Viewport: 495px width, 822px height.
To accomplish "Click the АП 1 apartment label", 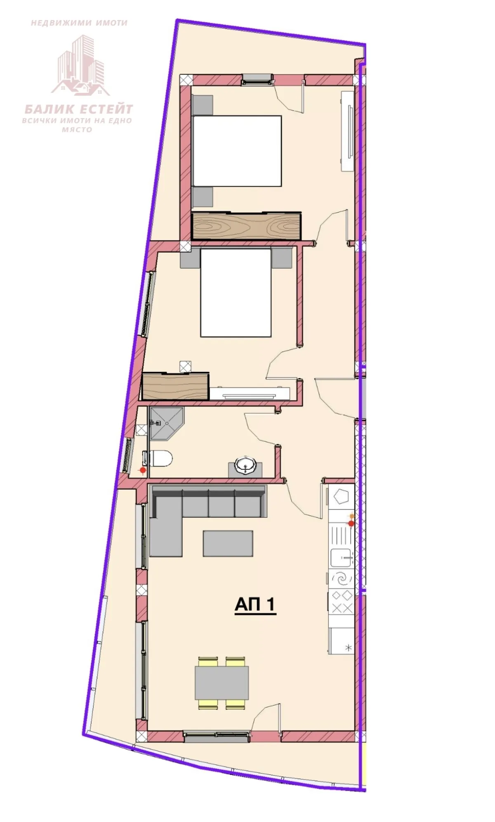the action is pos(255,605).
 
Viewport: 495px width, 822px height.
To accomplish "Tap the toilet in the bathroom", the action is pos(159,458).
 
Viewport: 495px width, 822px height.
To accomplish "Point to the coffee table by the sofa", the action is pos(228,543).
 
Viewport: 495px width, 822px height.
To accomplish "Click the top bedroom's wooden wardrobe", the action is pos(247,226).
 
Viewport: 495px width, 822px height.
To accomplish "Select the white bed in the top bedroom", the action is pos(237,151).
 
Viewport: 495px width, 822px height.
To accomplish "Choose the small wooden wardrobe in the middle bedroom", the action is pos(175,386).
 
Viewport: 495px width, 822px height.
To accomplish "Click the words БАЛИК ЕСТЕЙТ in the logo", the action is pos(78,109).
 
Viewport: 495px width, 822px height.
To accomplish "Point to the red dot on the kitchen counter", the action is pos(351,524).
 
